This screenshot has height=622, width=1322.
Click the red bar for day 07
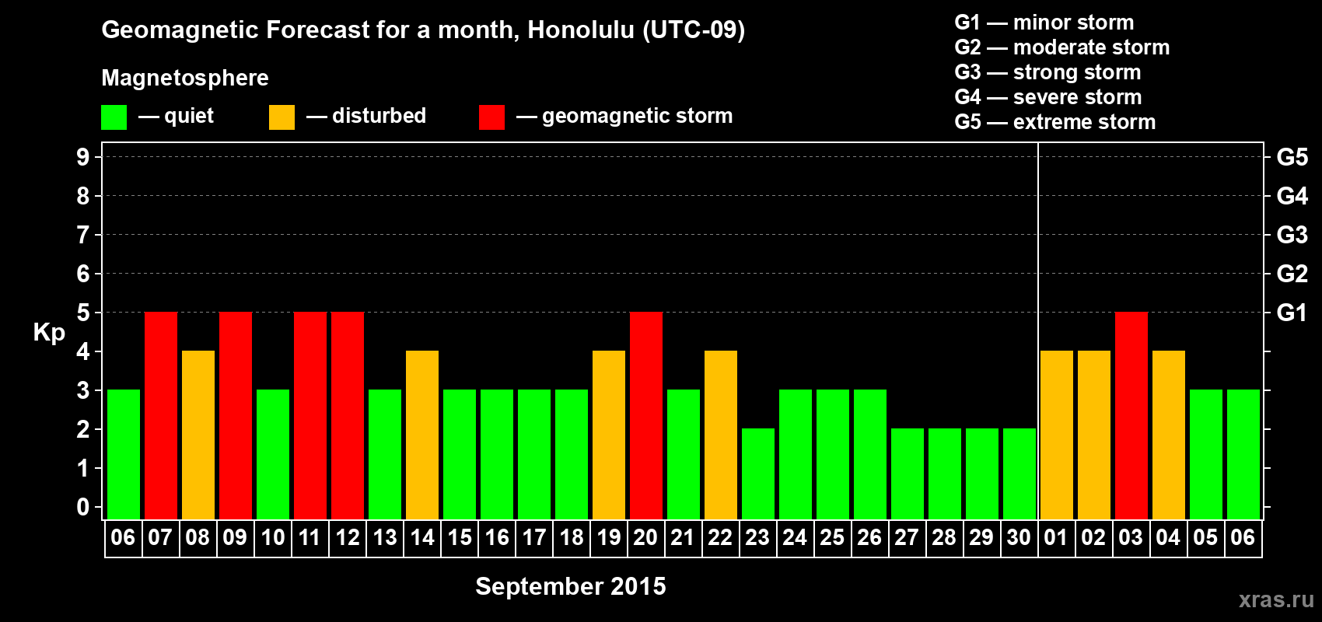coord(161,415)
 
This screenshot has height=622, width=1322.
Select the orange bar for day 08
coord(198,435)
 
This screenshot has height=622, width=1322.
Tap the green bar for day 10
coord(273,454)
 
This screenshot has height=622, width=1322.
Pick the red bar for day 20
coord(646,415)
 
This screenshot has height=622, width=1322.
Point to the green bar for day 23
coord(758,473)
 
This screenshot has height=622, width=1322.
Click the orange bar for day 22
coord(721,435)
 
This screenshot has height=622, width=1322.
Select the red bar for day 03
coord(1131,415)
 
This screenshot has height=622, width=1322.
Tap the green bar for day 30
coord(1019,473)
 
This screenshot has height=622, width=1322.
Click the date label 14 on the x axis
coord(422,537)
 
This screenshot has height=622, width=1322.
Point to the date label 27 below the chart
coord(907,537)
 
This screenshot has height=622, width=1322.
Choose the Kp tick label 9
coord(82,157)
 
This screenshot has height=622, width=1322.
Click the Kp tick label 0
coord(82,507)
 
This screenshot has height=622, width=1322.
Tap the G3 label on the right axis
coord(1292,235)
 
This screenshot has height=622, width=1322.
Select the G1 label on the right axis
coord(1292,313)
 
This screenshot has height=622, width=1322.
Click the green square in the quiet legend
coord(114,117)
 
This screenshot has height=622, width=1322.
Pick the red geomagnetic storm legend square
coord(491,117)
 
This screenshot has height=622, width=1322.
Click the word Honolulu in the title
coord(581,30)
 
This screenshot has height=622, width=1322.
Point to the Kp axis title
coord(49,333)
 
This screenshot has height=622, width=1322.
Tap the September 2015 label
coord(571,586)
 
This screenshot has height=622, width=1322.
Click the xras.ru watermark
coord(1276,600)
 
